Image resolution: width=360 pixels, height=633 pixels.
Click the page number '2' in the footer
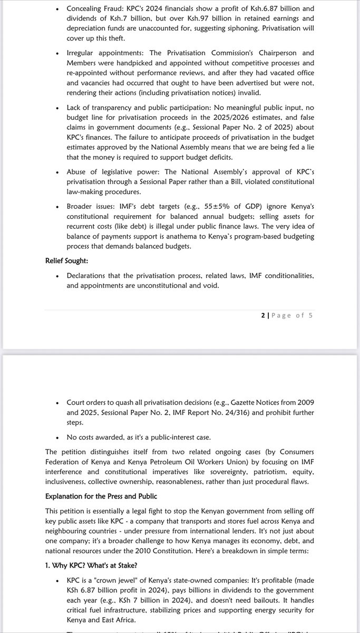click(262, 315)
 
